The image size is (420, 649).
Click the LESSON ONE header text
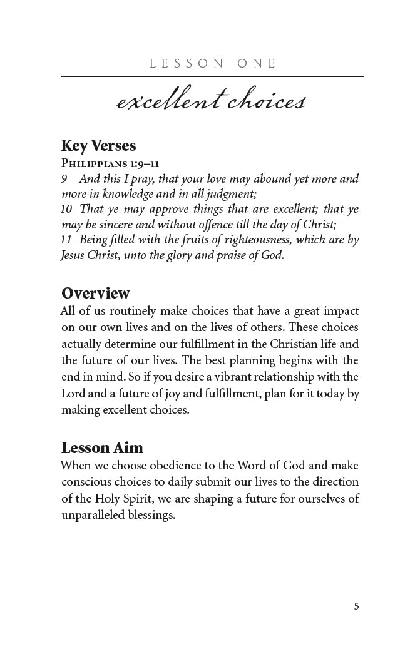(213, 63)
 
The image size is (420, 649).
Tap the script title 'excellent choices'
(211, 101)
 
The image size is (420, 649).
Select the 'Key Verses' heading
(98, 145)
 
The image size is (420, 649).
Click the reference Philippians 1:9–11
(110, 163)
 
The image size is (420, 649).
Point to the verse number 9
(64, 179)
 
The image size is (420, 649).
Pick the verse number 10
(66, 209)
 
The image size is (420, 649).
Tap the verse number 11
(66, 240)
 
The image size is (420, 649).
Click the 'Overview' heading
(96, 293)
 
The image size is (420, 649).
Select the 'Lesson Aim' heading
(102, 447)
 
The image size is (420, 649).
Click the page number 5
(356, 606)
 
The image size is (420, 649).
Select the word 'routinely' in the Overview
(133, 311)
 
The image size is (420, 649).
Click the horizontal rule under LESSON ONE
(212, 77)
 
